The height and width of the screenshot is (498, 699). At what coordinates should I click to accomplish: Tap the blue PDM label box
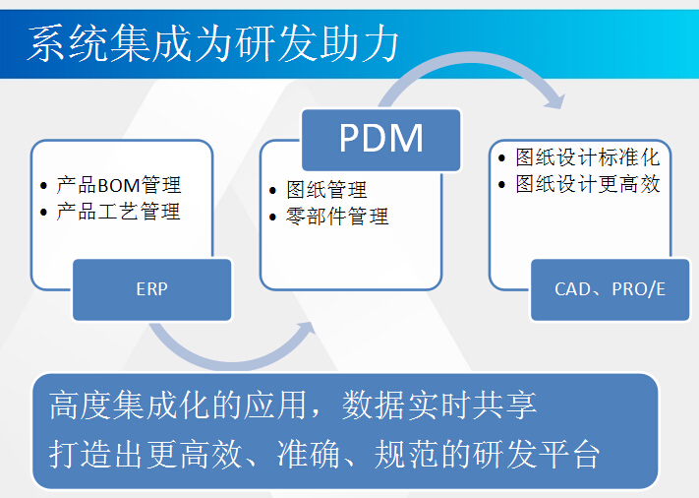coord(380,139)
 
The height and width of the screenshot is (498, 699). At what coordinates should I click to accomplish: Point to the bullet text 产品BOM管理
coord(119,185)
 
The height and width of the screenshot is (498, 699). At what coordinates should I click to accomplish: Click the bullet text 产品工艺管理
coord(119,212)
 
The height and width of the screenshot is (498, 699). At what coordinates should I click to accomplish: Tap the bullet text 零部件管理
coord(337,217)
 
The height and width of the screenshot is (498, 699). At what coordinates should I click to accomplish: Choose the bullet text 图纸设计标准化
coord(588,157)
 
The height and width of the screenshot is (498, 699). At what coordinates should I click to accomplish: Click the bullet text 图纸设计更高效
coord(588,184)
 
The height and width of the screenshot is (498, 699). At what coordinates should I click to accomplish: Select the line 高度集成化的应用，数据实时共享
coord(293,405)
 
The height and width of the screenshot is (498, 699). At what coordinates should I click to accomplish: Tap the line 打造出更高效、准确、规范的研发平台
coord(324,454)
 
